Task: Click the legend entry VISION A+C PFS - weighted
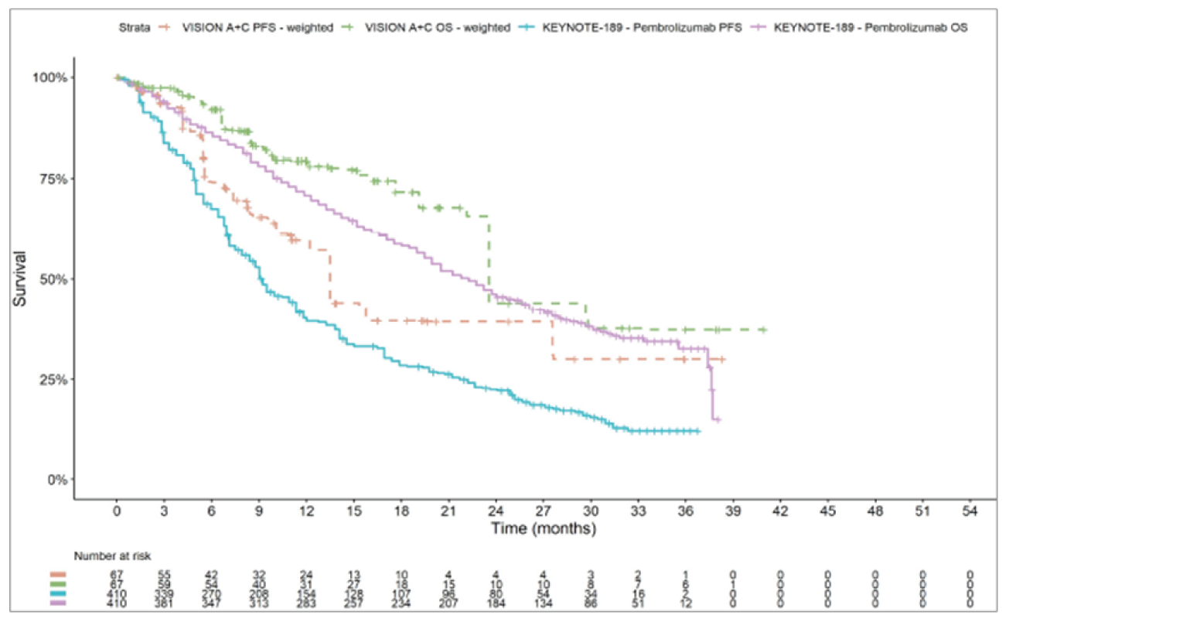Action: coord(257,27)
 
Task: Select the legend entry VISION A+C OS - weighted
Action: coord(438,27)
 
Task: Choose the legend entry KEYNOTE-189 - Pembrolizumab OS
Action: coord(871,27)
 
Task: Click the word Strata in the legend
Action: coord(135,27)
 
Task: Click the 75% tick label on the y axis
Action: coord(53,179)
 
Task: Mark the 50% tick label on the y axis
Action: coord(53,279)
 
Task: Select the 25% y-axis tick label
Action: coord(53,379)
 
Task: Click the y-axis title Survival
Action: coord(20,279)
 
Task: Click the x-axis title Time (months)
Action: coord(544,528)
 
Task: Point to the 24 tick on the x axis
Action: coord(496,511)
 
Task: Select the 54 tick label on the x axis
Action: coord(970,511)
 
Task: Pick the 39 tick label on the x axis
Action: coord(733,511)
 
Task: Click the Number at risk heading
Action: coord(113,555)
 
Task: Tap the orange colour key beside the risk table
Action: coord(58,575)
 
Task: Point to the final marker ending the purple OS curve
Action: coord(718,419)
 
